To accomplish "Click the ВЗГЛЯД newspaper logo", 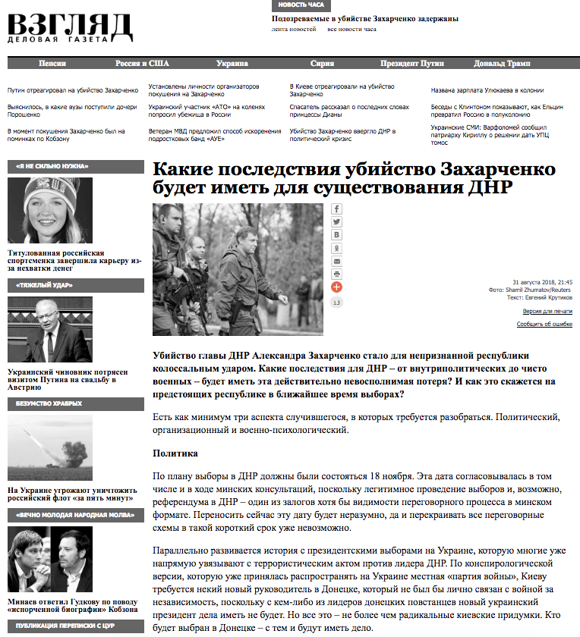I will click(70, 29).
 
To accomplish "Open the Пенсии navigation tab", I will click(52, 64).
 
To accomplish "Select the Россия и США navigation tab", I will click(142, 64).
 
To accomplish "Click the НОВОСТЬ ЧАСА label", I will click(301, 5).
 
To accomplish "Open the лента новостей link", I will click(294, 30).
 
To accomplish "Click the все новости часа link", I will click(351, 30).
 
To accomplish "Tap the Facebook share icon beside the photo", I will click(337, 209).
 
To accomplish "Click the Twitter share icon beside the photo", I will click(337, 222).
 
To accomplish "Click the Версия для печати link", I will click(547, 312).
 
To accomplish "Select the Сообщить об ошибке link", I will click(544, 324).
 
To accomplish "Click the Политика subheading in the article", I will click(175, 453).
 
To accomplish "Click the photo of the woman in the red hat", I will click(50, 211).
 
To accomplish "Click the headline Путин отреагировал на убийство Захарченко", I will click(73, 90).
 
